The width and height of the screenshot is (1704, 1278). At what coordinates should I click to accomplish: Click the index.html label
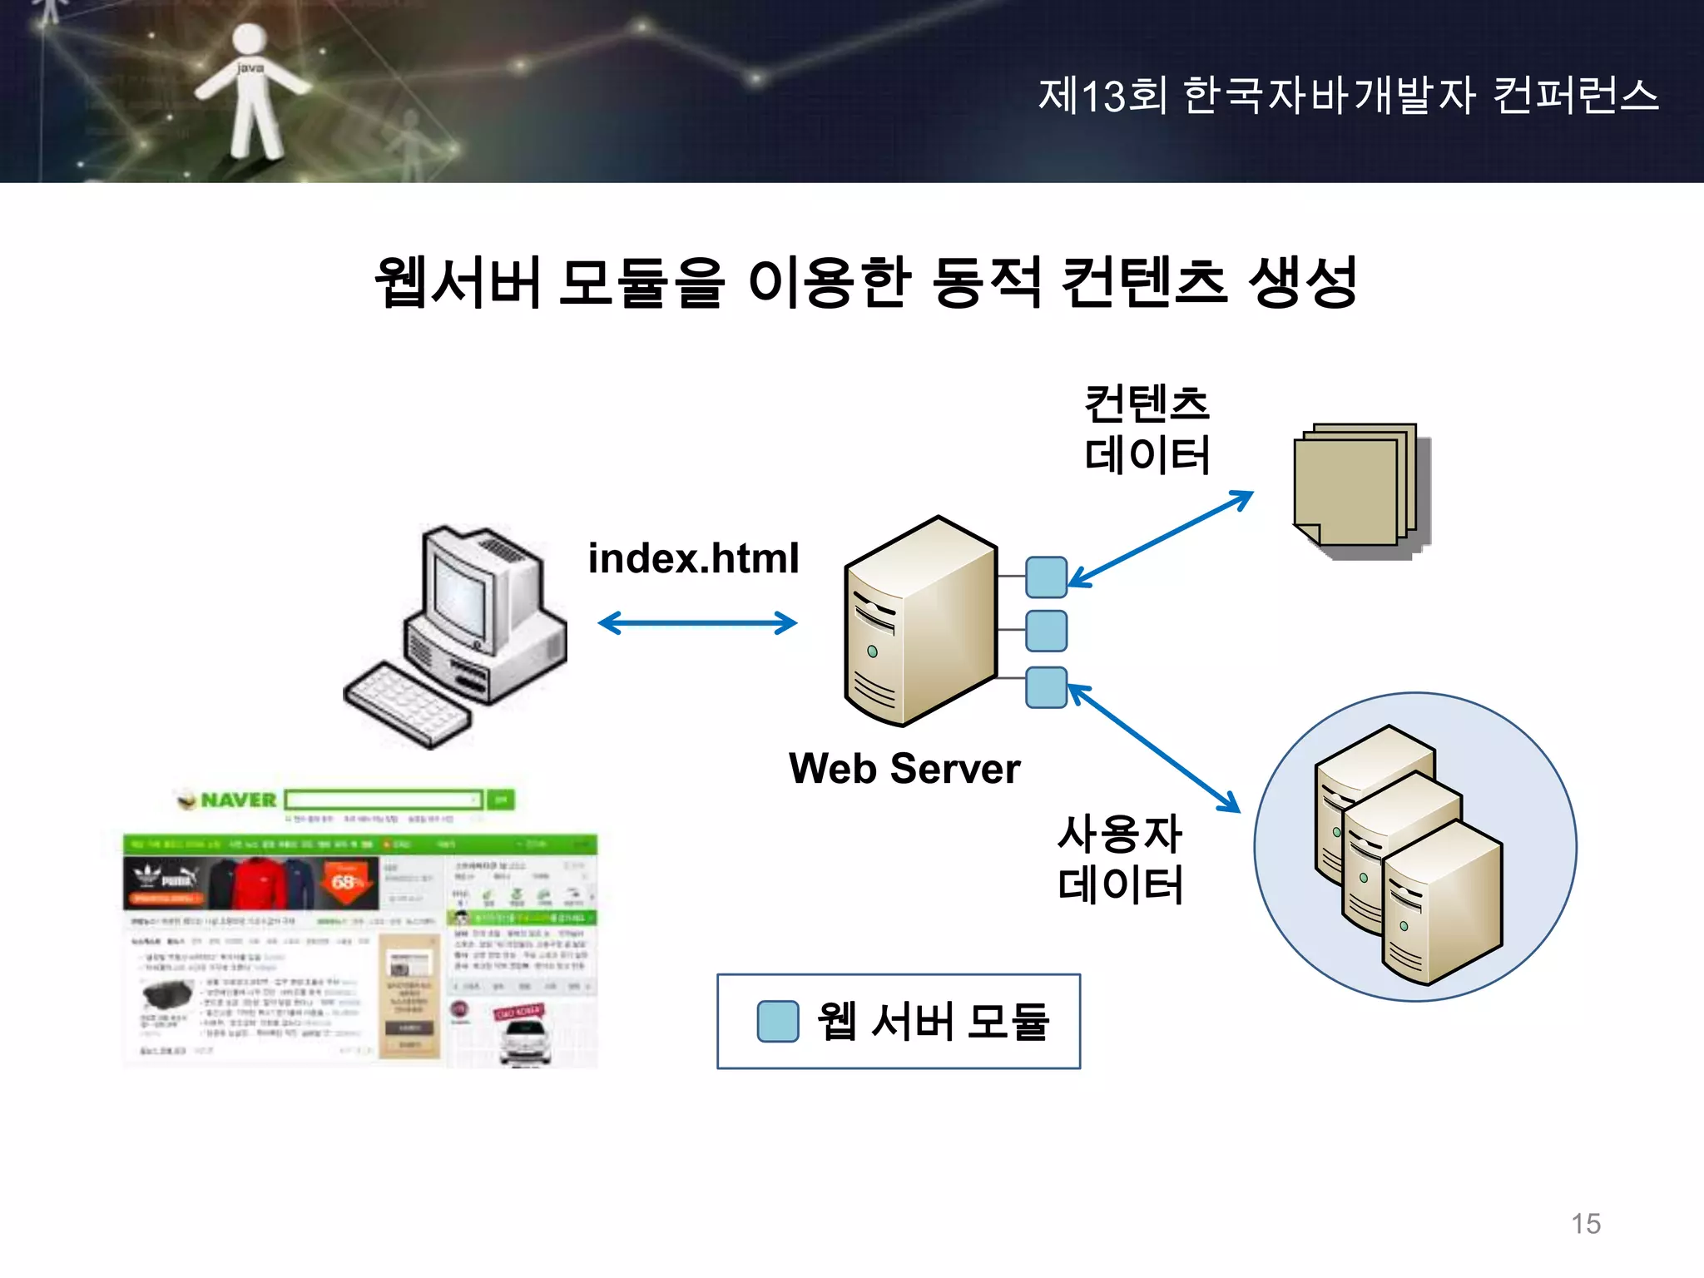[x=693, y=558]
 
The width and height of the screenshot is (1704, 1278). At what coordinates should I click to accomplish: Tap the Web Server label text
[x=904, y=768]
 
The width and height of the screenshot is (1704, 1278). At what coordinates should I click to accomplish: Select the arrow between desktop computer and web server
[x=697, y=623]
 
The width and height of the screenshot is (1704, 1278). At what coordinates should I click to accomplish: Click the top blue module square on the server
[x=1046, y=577]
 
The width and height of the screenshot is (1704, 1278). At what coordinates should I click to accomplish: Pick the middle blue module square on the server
[x=1046, y=631]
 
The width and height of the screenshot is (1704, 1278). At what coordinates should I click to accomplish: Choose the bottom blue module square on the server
[x=1046, y=687]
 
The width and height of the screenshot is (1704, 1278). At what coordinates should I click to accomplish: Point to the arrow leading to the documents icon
[x=1161, y=538]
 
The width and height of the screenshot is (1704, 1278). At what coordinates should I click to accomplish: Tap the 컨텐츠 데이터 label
[x=1147, y=429]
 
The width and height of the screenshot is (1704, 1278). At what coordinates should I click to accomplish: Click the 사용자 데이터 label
[x=1120, y=859]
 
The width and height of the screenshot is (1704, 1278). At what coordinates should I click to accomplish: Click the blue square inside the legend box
[x=778, y=1021]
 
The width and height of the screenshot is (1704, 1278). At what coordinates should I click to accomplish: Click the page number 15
[x=1586, y=1224]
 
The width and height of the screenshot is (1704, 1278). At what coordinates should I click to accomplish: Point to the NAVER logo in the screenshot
[x=228, y=800]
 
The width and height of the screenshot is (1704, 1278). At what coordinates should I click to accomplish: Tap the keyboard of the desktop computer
[x=408, y=703]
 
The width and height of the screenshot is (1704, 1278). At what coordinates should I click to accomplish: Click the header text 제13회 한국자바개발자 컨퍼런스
[x=1348, y=95]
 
